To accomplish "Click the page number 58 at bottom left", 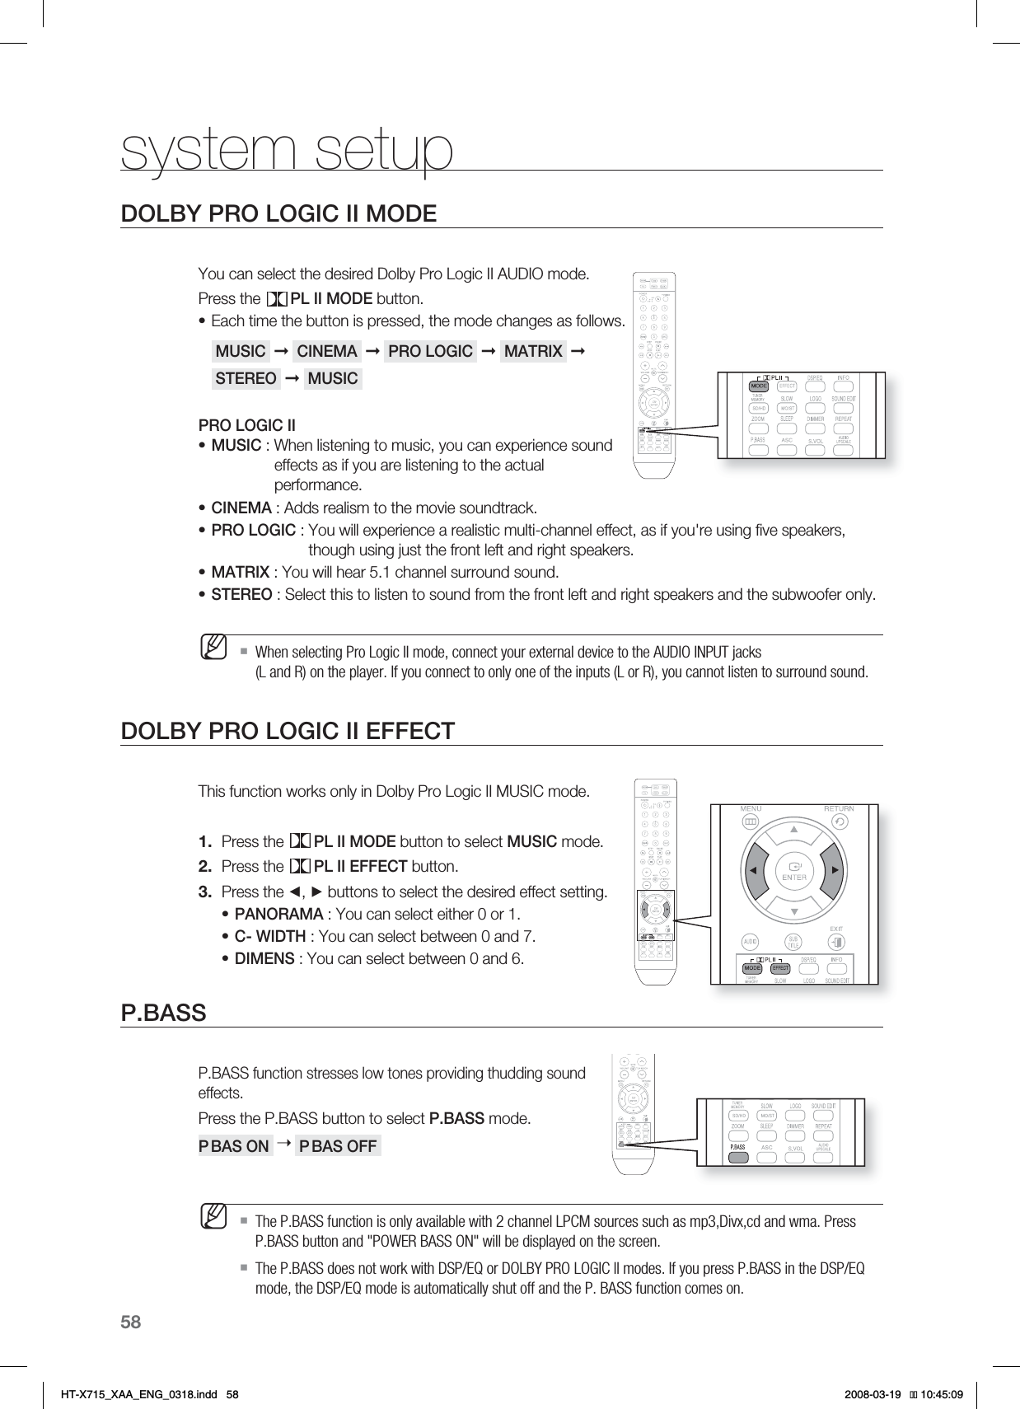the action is (x=131, y=1323).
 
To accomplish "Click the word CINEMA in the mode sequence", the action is (x=327, y=352).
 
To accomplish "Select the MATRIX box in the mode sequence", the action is (x=533, y=352).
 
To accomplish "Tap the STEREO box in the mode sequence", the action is (x=246, y=378).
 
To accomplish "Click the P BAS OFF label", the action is (x=338, y=1146).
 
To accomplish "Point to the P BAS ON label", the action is (x=236, y=1146).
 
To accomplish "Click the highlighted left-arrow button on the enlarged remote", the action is (x=753, y=871).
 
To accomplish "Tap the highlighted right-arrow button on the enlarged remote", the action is (x=835, y=871).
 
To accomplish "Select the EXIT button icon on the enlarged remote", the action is (x=837, y=941).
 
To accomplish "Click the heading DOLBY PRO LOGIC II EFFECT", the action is (x=288, y=731).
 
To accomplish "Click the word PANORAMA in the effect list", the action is (x=279, y=914).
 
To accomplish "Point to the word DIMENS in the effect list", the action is (x=264, y=958).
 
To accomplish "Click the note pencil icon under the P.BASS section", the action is (x=216, y=1215).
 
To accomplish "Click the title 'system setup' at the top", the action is (x=287, y=150).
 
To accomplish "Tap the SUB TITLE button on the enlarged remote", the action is (x=793, y=941).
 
